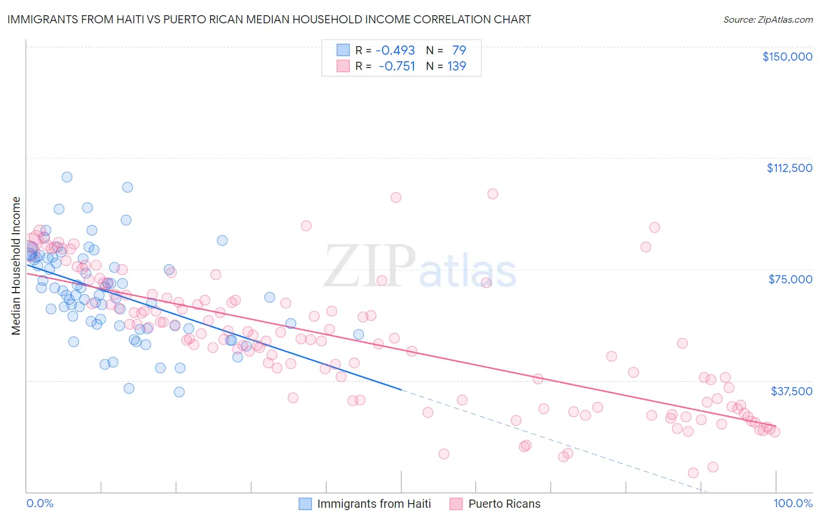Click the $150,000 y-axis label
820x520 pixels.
point(787,57)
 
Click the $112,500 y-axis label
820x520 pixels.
point(789,168)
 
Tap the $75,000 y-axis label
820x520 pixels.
point(790,279)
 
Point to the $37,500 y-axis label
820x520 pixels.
point(791,391)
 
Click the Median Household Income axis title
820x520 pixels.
point(16,266)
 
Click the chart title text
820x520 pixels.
point(269,19)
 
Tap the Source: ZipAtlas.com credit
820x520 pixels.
point(768,20)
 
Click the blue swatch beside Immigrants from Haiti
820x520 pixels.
point(305,504)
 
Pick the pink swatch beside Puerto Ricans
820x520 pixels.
point(456,504)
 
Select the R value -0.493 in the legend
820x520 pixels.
point(395,50)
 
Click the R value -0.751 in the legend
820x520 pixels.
point(397,66)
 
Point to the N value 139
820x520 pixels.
point(457,66)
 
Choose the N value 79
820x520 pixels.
point(459,50)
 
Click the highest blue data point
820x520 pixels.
point(67,177)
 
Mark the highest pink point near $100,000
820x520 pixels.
point(493,194)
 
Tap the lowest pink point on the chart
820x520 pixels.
point(693,473)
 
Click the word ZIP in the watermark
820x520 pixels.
point(370,266)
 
